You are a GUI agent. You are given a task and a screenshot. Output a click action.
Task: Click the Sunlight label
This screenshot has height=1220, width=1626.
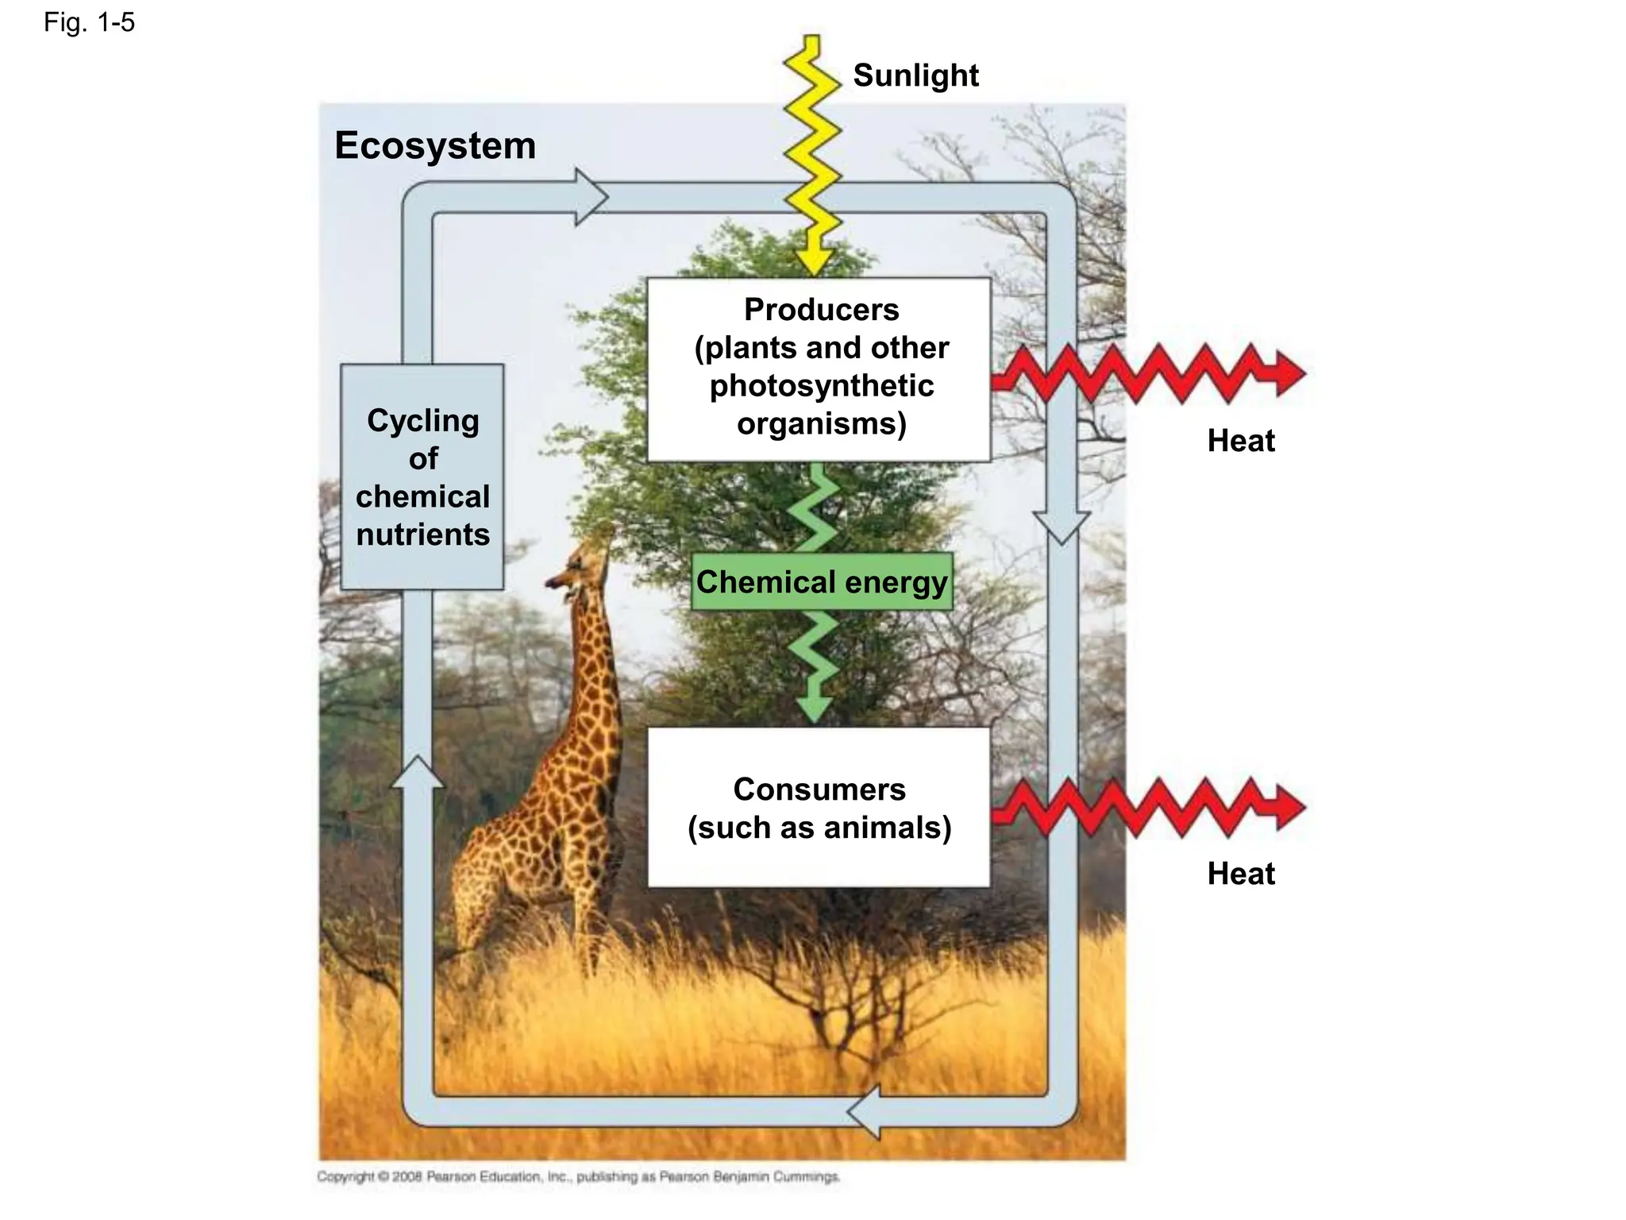point(915,75)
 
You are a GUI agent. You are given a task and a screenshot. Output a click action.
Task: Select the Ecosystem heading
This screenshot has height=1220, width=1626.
point(435,145)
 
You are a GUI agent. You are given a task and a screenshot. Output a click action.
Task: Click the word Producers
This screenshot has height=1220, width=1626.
point(821,309)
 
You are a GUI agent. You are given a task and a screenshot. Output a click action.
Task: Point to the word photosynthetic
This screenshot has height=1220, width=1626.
point(821,385)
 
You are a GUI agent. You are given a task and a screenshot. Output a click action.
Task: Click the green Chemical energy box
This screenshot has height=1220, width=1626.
point(821,581)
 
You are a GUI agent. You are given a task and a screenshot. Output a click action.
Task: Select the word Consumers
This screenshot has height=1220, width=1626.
point(819,789)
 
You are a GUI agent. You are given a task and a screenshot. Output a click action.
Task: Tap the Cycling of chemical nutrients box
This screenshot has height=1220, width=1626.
point(422,477)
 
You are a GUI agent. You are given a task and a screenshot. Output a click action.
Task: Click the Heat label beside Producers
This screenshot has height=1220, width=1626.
point(1240,440)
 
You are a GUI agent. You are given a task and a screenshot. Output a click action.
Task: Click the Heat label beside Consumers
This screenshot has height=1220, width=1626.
point(1240,873)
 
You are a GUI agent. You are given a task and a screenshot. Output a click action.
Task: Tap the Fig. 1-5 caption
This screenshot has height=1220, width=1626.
point(89,22)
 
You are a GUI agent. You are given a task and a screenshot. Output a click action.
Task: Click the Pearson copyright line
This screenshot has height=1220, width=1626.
point(577,1176)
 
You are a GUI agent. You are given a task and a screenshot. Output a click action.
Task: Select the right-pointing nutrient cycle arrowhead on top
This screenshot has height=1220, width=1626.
point(590,197)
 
